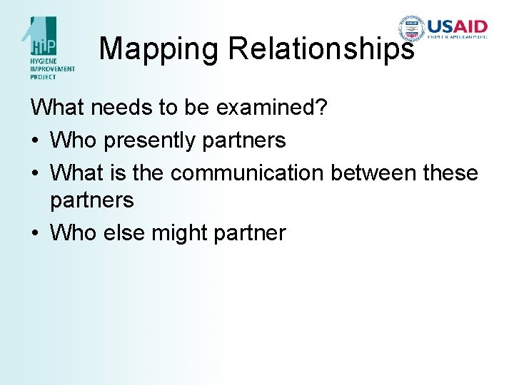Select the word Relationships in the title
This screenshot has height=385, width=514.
pyautogui.click(x=321, y=48)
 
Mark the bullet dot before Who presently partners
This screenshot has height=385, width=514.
pyautogui.click(x=36, y=141)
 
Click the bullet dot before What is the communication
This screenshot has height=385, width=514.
pyautogui.click(x=36, y=173)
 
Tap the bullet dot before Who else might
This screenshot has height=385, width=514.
pyautogui.click(x=36, y=233)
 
